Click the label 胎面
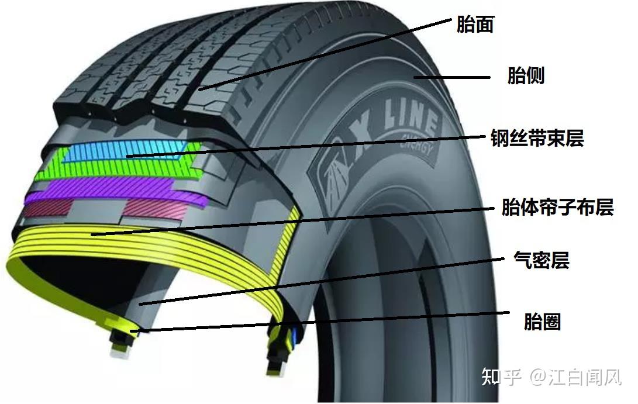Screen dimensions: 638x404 tap(475, 25)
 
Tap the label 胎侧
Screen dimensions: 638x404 tap(526, 75)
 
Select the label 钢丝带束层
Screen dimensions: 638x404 tap(537, 138)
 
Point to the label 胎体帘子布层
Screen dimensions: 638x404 tap(557, 207)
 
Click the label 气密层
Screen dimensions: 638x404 tap(542, 260)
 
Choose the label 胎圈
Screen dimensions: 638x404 tap(542, 322)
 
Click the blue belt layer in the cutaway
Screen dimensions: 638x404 tap(126, 151)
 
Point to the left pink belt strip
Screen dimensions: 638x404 tap(48, 208)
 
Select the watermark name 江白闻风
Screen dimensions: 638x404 tap(585, 377)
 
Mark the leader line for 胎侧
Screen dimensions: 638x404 tap(452, 77)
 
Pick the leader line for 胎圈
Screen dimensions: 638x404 tap(320, 322)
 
